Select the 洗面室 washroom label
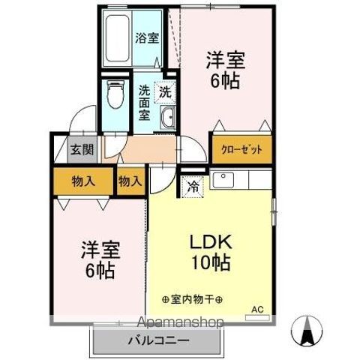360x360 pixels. tap(145, 103)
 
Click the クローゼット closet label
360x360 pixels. tap(241, 149)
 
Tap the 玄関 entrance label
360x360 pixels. tap(82, 149)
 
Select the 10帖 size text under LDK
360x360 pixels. tap(212, 263)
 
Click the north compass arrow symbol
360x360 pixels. tap(308, 330)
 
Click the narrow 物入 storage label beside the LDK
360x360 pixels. tap(130, 181)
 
